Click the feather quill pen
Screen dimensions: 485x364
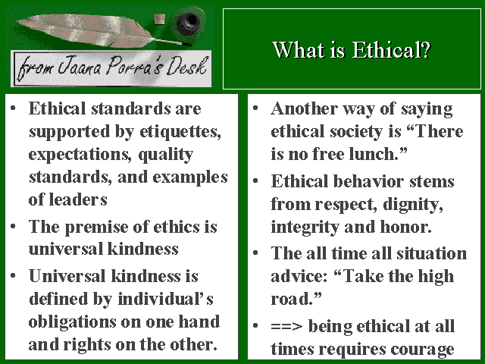click(x=92, y=30)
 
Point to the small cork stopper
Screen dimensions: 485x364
click(x=160, y=20)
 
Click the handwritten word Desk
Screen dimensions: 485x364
click(x=187, y=66)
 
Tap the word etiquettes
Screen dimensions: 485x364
click(x=180, y=131)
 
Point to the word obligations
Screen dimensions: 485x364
click(x=72, y=322)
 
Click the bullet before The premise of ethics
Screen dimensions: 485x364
click(x=13, y=226)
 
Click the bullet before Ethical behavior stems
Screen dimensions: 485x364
click(x=255, y=180)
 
